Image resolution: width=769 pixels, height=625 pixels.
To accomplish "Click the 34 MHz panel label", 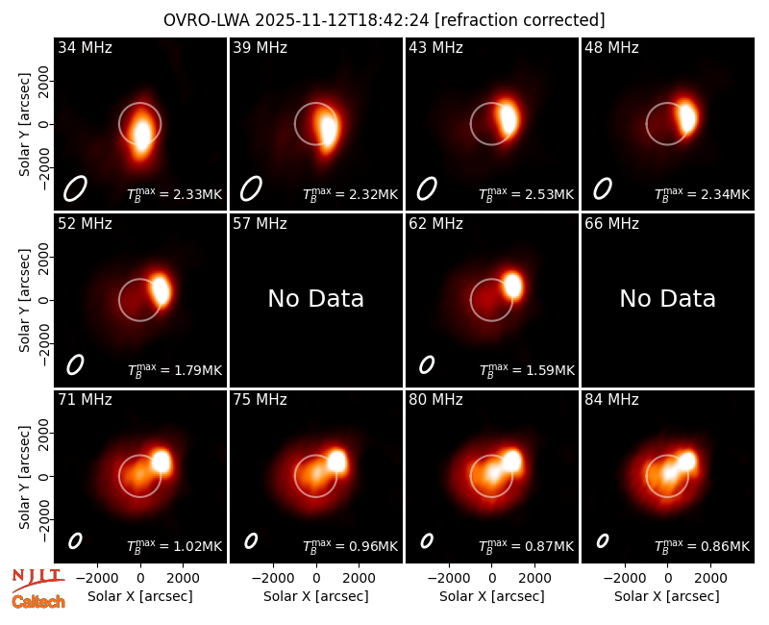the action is click(x=85, y=47).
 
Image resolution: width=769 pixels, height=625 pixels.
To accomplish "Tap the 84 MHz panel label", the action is click(x=611, y=400).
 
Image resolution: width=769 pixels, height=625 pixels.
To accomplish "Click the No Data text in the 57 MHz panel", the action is click(x=316, y=298).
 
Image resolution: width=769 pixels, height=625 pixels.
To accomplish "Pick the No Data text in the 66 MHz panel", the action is click(x=667, y=298).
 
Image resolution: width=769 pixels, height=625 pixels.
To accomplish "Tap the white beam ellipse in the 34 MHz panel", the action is click(x=75, y=188).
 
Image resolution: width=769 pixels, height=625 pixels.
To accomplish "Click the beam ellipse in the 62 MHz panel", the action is click(x=427, y=364).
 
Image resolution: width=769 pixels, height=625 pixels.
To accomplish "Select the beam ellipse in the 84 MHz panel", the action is click(x=603, y=541).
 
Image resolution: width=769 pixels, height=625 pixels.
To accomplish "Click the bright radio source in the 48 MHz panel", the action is click(x=687, y=117).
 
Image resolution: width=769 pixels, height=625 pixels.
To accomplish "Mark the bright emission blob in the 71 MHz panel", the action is click(x=161, y=462).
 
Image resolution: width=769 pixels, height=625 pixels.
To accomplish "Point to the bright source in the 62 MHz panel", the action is click(x=512, y=285).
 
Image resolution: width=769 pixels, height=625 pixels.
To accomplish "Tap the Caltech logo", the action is click(x=38, y=602).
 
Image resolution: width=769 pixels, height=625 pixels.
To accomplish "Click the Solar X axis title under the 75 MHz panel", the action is click(x=316, y=596).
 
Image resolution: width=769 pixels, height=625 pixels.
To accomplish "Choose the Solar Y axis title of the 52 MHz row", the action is click(x=24, y=300).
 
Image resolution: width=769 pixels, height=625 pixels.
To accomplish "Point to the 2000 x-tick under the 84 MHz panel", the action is click(x=710, y=579).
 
